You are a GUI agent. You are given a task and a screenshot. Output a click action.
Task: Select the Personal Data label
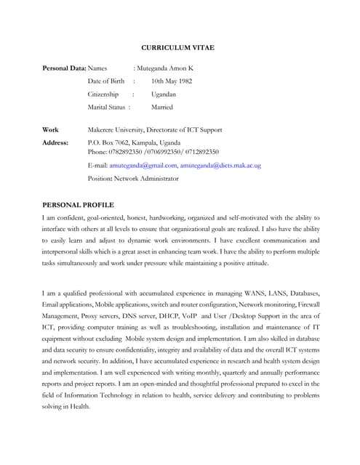pyautogui.click(x=64, y=68)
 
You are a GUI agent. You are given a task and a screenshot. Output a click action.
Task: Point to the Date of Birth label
pyautogui.click(x=106, y=81)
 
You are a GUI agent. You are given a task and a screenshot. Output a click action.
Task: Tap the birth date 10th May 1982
pyautogui.click(x=174, y=81)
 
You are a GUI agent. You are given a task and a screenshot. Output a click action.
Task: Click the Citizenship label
pyautogui.click(x=103, y=94)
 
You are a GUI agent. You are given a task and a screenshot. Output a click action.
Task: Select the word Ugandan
pyautogui.click(x=163, y=94)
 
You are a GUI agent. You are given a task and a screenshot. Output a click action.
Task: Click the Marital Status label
pyautogui.click(x=106, y=107)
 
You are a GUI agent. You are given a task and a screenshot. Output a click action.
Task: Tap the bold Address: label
pyautogui.click(x=55, y=142)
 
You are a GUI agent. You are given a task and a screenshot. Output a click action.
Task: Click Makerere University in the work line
pyautogui.click(x=114, y=129)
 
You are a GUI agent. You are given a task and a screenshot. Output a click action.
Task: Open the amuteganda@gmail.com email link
pyautogui.click(x=141, y=165)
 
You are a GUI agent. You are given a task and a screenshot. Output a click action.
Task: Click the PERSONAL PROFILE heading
pyautogui.click(x=78, y=204)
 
